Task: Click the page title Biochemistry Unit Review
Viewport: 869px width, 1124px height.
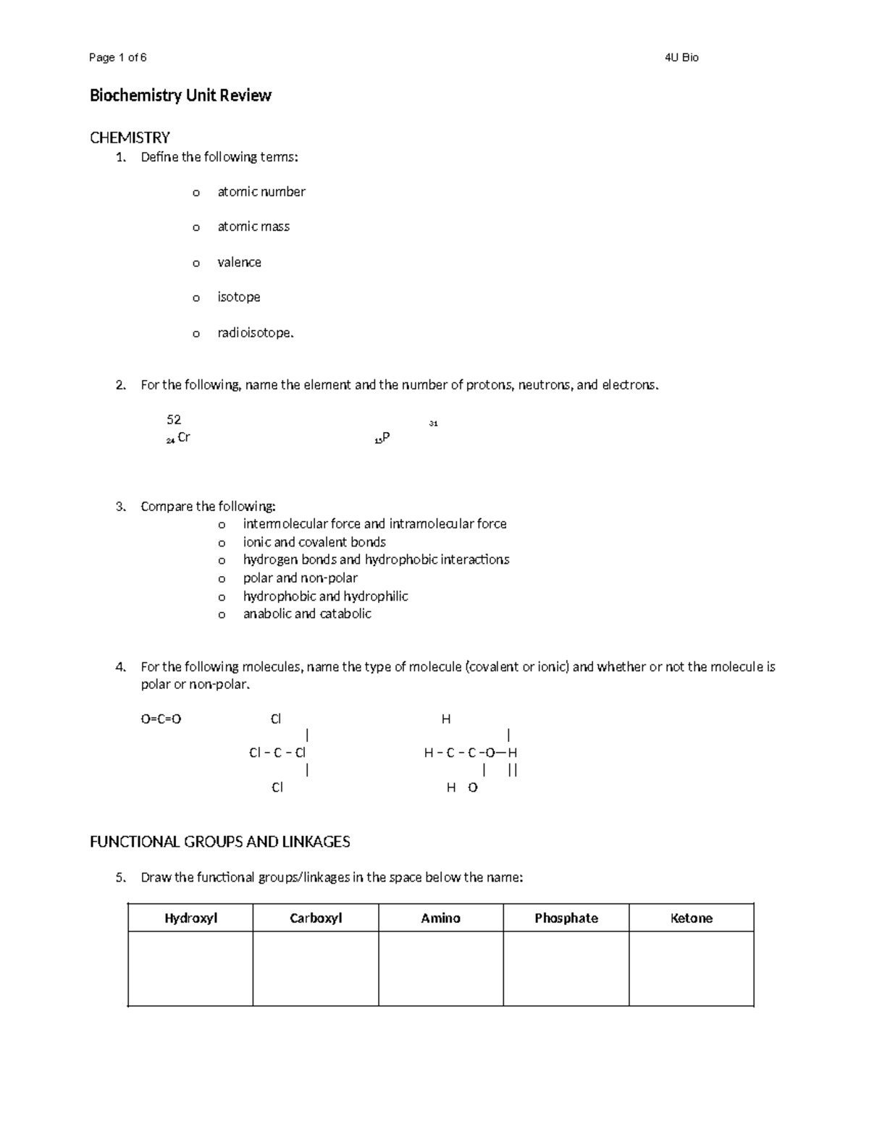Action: click(x=180, y=96)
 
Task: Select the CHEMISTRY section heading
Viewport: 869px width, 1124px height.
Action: click(x=130, y=138)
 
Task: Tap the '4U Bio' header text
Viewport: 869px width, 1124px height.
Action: click(x=681, y=58)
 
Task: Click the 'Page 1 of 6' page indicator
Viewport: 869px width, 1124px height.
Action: click(x=117, y=58)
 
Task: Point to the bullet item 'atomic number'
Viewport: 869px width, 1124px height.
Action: click(x=261, y=192)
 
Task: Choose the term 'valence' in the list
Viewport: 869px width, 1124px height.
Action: click(x=239, y=262)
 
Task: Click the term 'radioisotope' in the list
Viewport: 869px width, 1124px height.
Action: click(x=255, y=333)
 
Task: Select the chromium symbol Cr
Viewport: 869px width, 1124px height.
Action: click(x=183, y=438)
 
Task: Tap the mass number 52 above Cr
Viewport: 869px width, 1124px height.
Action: click(x=174, y=420)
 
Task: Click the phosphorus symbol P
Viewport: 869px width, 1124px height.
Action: click(x=385, y=438)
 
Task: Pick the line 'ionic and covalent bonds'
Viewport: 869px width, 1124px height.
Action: click(x=314, y=542)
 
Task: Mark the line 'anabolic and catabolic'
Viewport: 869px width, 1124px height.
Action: click(x=307, y=614)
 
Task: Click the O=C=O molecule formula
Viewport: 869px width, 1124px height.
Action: click(x=161, y=719)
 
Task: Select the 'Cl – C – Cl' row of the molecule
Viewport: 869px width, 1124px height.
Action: click(x=277, y=753)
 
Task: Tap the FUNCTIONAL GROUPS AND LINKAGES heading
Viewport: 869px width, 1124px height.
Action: click(x=219, y=842)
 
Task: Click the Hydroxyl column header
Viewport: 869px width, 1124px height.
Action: click(x=190, y=918)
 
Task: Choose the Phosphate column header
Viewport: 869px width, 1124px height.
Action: click(x=566, y=918)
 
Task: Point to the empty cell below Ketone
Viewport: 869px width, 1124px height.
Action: click(x=692, y=968)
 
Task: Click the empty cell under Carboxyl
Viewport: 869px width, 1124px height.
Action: click(x=316, y=968)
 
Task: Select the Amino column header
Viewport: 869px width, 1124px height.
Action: click(x=440, y=918)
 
